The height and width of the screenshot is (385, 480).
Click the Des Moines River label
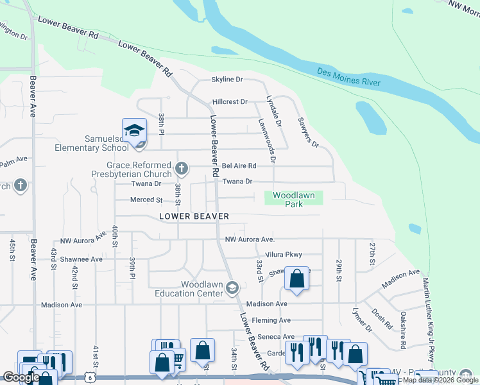349,77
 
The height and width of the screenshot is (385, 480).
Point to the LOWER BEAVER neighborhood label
194,216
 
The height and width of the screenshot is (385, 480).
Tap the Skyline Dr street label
227,80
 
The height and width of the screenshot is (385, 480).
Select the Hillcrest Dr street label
229,101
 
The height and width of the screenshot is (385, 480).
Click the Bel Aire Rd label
239,166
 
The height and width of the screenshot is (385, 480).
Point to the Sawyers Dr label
307,132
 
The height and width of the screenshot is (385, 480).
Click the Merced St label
146,200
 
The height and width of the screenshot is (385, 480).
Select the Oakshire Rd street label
402,330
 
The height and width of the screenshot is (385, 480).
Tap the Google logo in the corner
21,378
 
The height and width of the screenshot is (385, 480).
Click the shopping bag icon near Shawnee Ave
296,279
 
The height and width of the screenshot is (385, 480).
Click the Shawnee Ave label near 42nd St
80,259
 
